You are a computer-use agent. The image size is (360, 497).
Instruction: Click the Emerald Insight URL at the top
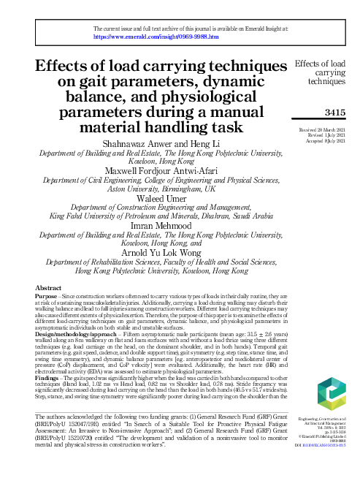click(x=156, y=34)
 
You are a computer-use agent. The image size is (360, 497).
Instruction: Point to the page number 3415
click(x=331, y=113)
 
